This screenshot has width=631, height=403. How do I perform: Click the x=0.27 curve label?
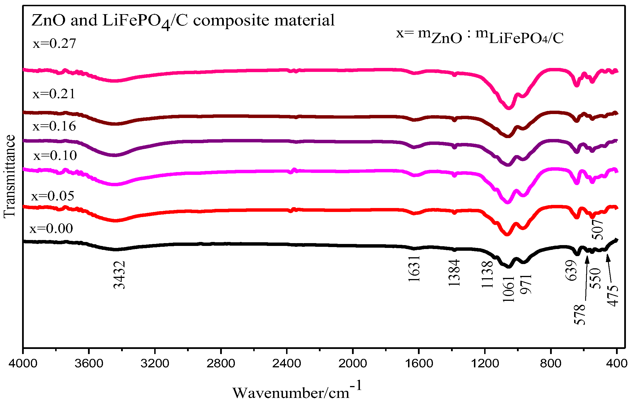pos(54,44)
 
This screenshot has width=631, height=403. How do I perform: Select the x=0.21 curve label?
pos(54,94)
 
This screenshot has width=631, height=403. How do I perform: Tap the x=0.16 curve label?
pos(54,126)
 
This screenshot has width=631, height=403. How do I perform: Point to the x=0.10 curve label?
pos(55,156)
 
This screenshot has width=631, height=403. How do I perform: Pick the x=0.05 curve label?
pos(53,196)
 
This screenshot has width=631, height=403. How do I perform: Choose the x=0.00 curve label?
pos(51,228)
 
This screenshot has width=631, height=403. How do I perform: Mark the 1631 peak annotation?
pos(414,269)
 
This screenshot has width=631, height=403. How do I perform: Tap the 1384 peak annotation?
pos(454,273)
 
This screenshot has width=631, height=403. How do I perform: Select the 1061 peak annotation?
pos(508,289)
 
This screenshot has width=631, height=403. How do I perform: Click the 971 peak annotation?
pos(527,284)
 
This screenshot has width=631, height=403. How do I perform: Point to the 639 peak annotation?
pos(571,271)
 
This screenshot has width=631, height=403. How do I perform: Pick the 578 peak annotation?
pos(580,314)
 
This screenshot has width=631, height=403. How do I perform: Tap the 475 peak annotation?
pos(613,296)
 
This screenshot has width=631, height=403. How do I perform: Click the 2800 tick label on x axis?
pos(221,363)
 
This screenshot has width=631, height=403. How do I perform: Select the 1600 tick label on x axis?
pos(419,363)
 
